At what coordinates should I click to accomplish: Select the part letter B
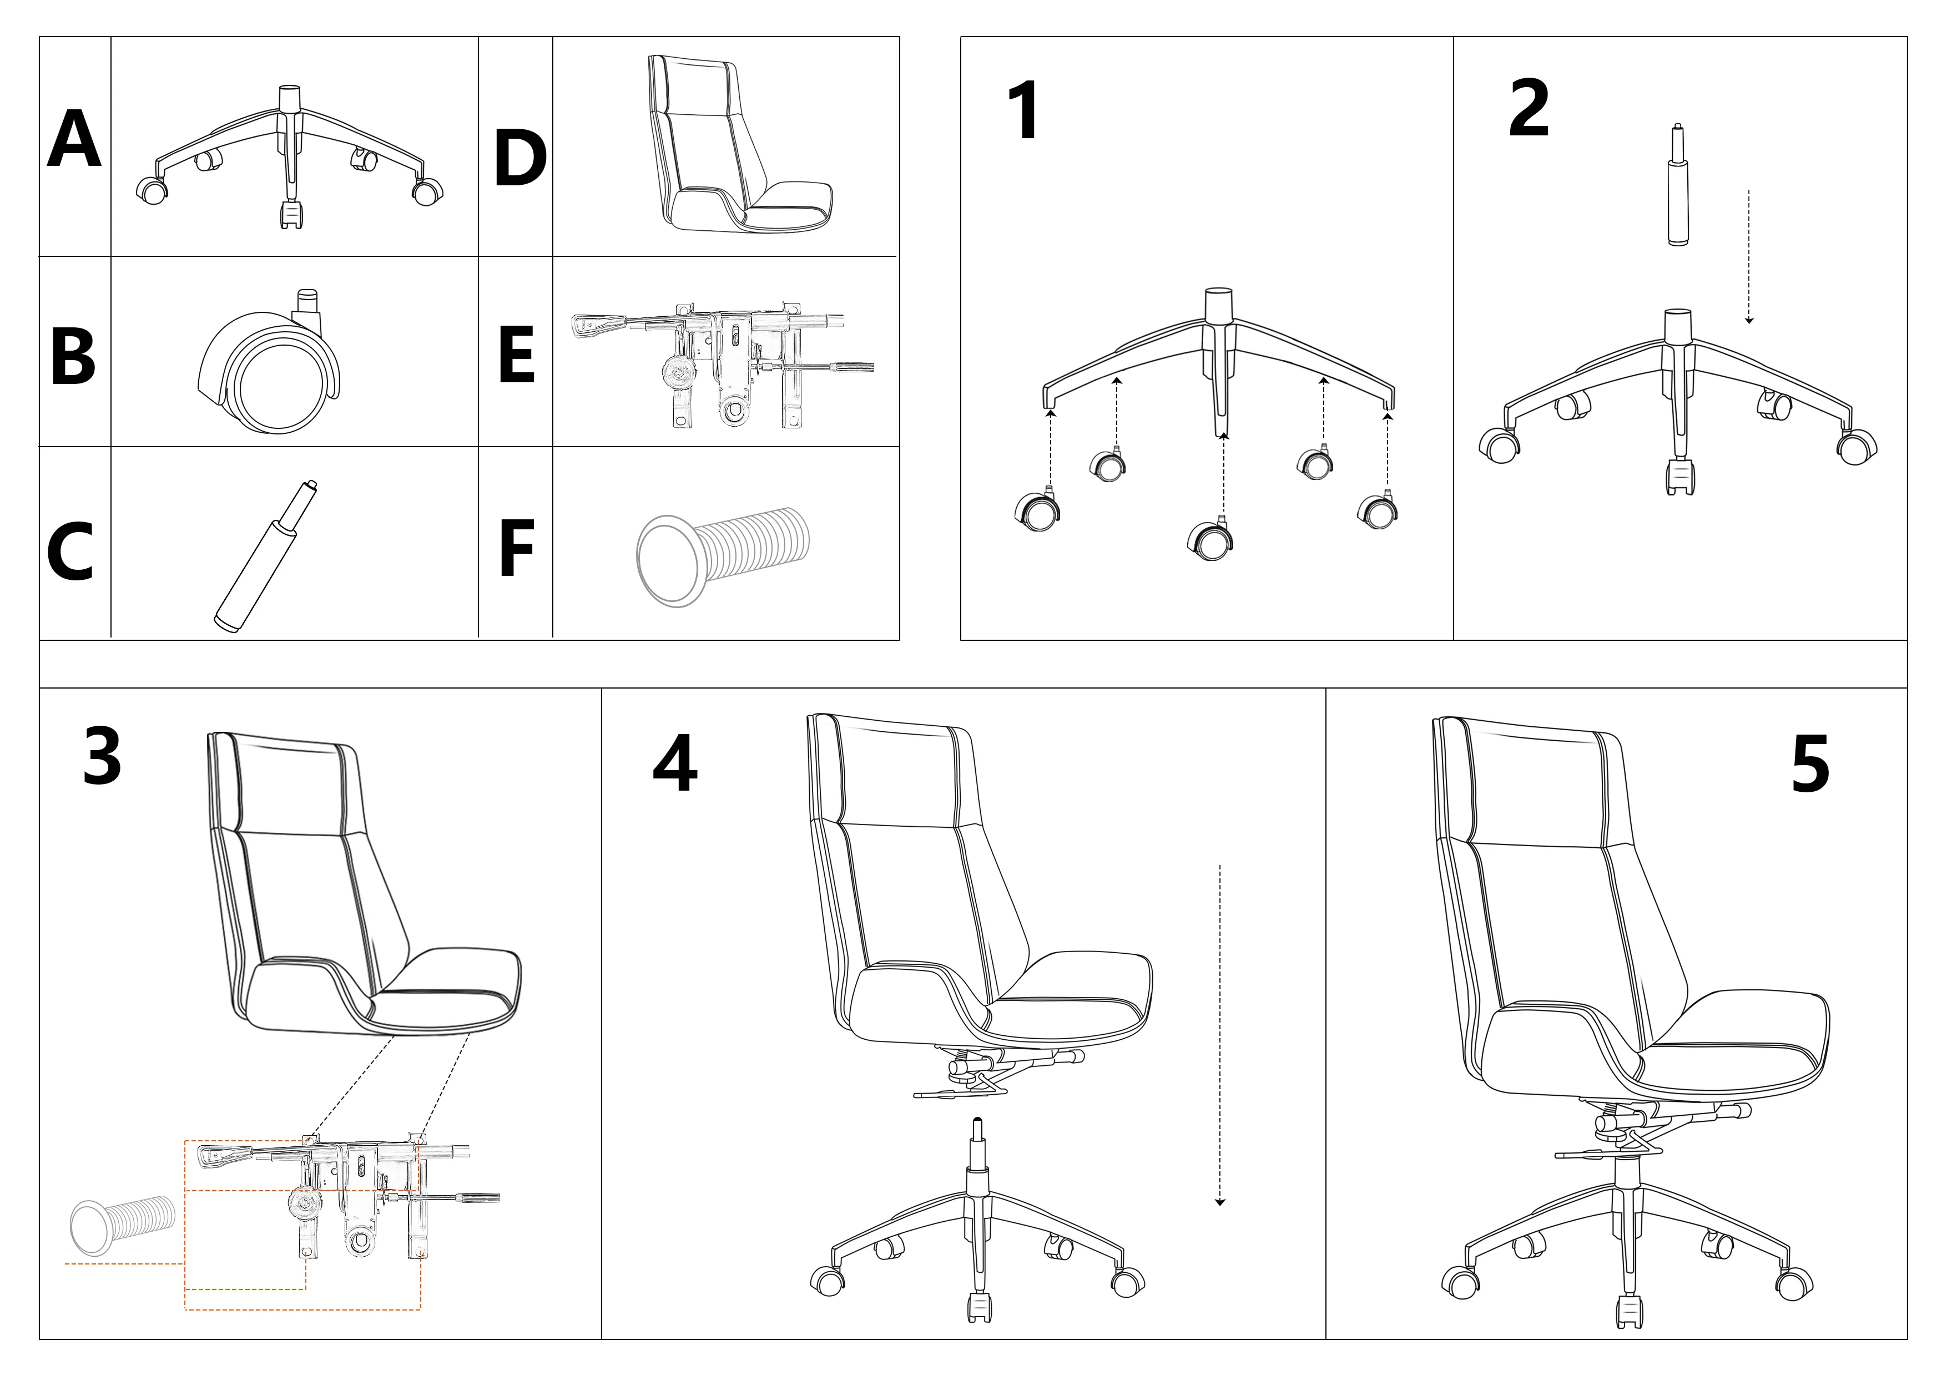click(x=74, y=356)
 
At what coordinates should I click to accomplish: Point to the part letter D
click(x=520, y=159)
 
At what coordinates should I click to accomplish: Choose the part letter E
click(x=516, y=355)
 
